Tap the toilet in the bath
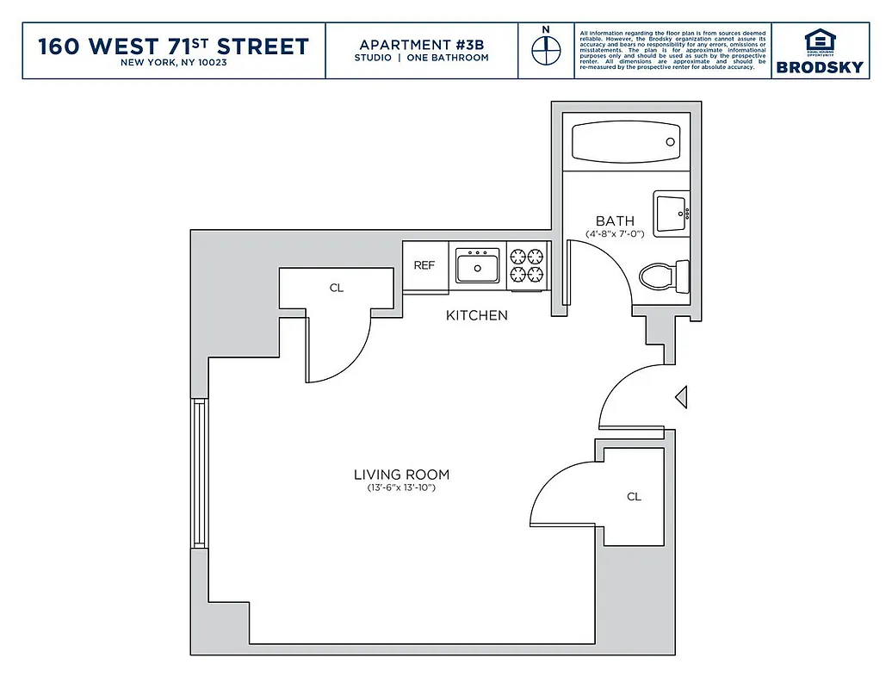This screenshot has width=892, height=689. tap(665, 276)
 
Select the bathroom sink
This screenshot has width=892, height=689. tap(671, 214)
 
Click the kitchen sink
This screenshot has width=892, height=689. tap(478, 265)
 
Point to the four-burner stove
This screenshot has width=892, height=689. tap(527, 265)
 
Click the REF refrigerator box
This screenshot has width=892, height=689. tap(424, 266)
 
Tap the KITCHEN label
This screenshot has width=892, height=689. tap(476, 315)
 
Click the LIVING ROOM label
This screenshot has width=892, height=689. tap(401, 475)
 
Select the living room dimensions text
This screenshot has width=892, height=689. tap(401, 489)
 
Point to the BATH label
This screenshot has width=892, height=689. tap(615, 221)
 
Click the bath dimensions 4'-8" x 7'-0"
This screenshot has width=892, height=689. tap(615, 234)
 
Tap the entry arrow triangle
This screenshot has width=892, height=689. tap(680, 397)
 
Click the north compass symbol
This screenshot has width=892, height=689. tap(544, 51)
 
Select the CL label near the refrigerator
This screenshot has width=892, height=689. tap(336, 288)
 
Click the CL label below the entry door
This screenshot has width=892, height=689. tap(634, 497)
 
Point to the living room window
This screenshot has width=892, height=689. tap(199, 473)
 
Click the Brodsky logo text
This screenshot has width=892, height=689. tap(819, 67)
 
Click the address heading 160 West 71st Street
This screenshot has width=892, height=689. tap(173, 47)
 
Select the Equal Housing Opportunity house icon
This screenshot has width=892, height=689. tap(819, 40)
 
